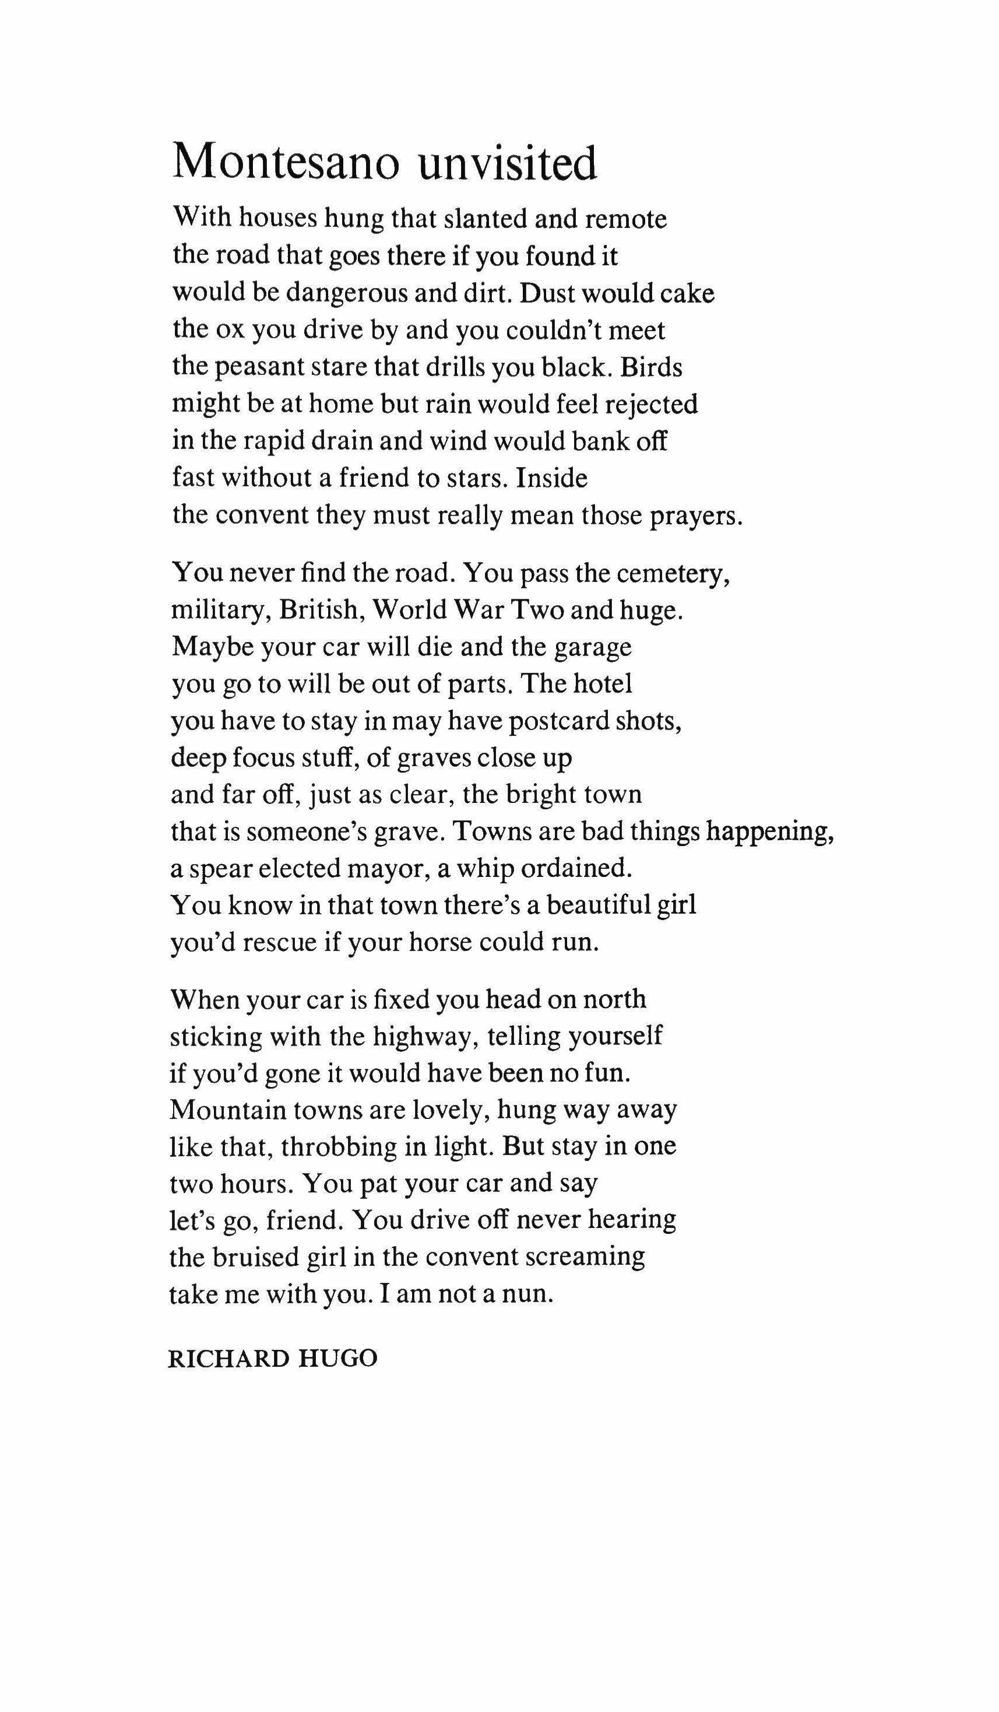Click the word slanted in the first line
(484, 219)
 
